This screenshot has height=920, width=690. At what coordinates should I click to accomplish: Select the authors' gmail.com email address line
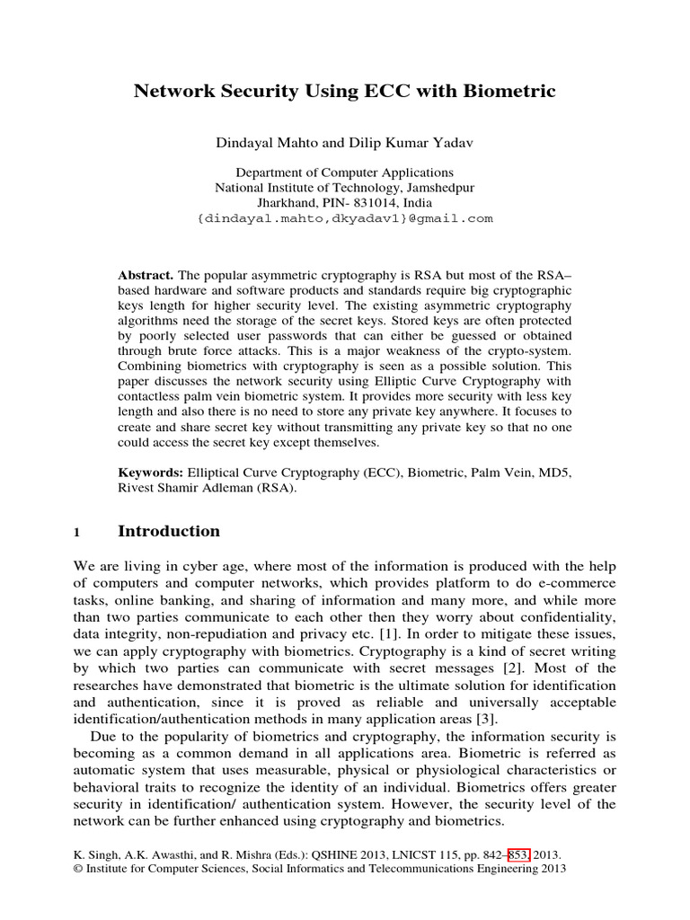[x=344, y=218]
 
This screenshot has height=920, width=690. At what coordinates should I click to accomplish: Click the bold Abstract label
[x=146, y=274]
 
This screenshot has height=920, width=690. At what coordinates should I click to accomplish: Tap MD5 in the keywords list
[x=554, y=472]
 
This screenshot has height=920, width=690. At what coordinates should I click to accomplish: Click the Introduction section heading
[x=169, y=531]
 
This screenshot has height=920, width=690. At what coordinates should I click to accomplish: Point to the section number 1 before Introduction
[x=76, y=532]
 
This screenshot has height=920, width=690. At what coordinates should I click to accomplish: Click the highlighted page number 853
[x=519, y=856]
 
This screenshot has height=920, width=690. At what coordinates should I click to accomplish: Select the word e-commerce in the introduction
[x=576, y=582]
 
